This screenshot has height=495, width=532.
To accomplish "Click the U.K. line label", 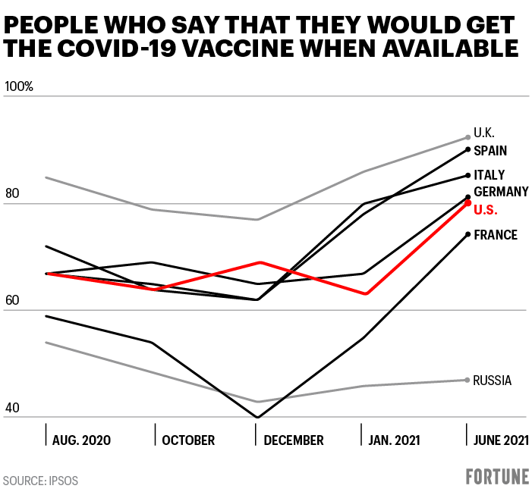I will tap(484, 133).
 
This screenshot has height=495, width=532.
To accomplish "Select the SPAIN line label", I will tap(490, 150).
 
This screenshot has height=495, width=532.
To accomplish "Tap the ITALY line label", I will tap(490, 175).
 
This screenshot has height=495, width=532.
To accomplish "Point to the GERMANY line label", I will tap(501, 191).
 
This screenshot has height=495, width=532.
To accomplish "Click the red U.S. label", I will tap(486, 208).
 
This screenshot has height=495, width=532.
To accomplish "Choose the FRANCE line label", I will tap(496, 235).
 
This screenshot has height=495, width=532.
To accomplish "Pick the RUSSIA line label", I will tap(492, 381).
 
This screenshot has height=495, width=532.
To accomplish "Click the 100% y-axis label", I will tap(19, 86).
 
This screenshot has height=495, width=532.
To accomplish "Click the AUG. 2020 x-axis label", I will tap(80, 440).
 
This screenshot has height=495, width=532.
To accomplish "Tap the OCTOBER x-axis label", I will tap(187, 440).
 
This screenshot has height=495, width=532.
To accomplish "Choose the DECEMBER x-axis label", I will tap(294, 440).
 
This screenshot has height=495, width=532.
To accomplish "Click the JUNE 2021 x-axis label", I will tap(500, 440).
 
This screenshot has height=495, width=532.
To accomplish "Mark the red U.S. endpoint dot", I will tap(467, 203).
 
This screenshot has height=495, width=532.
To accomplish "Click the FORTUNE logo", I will tap(497, 478).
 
